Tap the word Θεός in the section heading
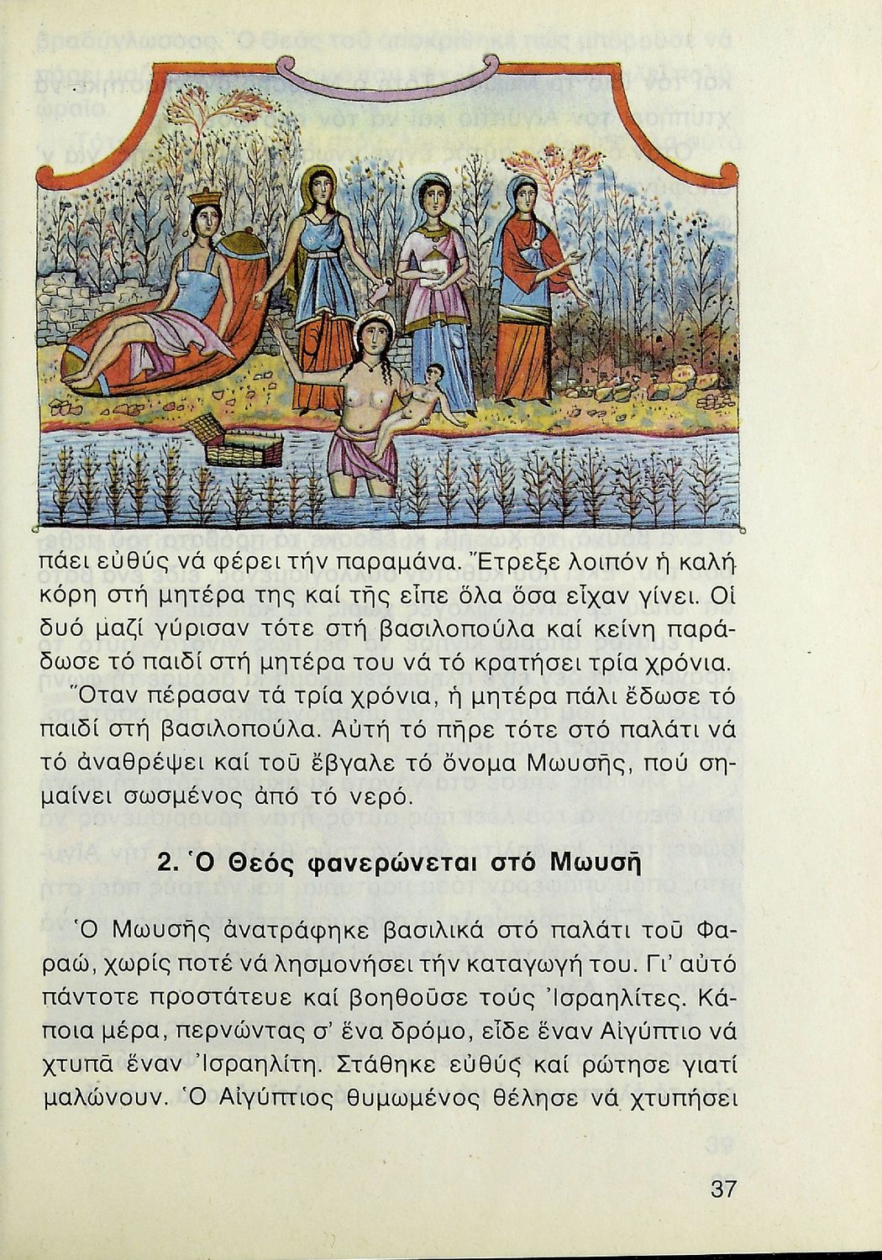pyautogui.click(x=244, y=864)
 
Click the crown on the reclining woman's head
pyautogui.click(x=205, y=202)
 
